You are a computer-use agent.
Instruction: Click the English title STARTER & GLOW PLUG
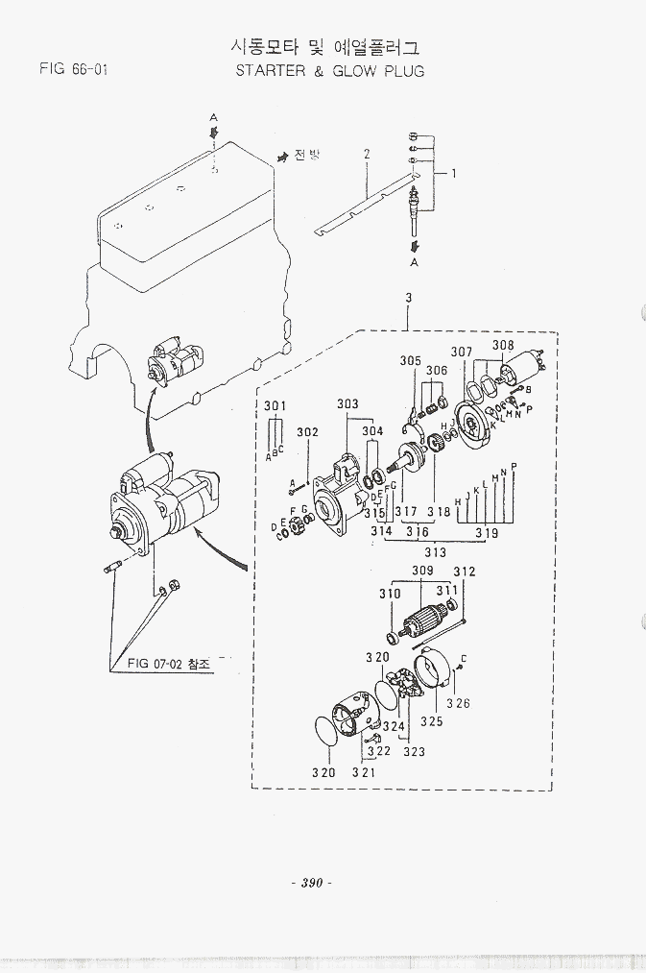(329, 71)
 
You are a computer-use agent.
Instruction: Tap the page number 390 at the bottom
(309, 883)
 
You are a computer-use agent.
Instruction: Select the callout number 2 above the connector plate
(367, 154)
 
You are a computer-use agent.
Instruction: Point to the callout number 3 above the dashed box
(408, 298)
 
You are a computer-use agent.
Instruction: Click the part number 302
(307, 432)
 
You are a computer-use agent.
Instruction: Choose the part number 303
(347, 404)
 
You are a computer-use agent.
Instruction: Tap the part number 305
(410, 361)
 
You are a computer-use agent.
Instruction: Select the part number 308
(503, 346)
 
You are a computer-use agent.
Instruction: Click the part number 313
(435, 552)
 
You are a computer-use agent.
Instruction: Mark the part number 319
(487, 533)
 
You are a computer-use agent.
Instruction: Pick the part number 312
(465, 572)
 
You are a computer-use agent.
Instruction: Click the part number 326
(458, 703)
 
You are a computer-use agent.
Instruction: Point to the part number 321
(363, 772)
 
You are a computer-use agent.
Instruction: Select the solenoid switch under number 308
(524, 365)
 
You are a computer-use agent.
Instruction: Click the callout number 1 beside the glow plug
(453, 174)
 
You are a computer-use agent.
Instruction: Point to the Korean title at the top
(326, 46)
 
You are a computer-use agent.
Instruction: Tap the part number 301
(275, 406)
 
